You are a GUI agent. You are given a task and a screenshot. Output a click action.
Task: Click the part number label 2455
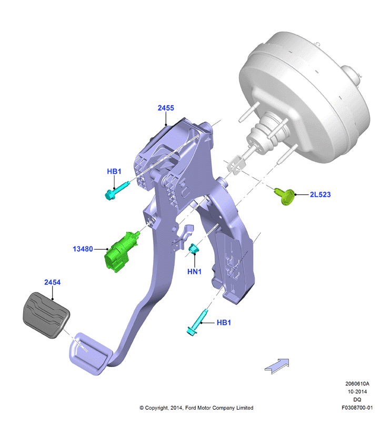tap(166, 108)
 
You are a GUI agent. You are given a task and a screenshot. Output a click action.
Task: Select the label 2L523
tap(320, 194)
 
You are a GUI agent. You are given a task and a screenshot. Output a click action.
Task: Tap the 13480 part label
tap(83, 249)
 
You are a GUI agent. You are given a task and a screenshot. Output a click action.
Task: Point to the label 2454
tap(52, 282)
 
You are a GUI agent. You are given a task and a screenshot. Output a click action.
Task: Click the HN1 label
tap(194, 272)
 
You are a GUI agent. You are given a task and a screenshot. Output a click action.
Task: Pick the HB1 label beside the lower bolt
tap(224, 322)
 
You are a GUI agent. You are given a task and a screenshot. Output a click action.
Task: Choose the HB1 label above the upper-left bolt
tap(114, 171)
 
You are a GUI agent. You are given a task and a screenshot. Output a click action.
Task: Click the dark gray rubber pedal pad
tap(46, 315)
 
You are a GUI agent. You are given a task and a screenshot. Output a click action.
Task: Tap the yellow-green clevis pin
tap(285, 196)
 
